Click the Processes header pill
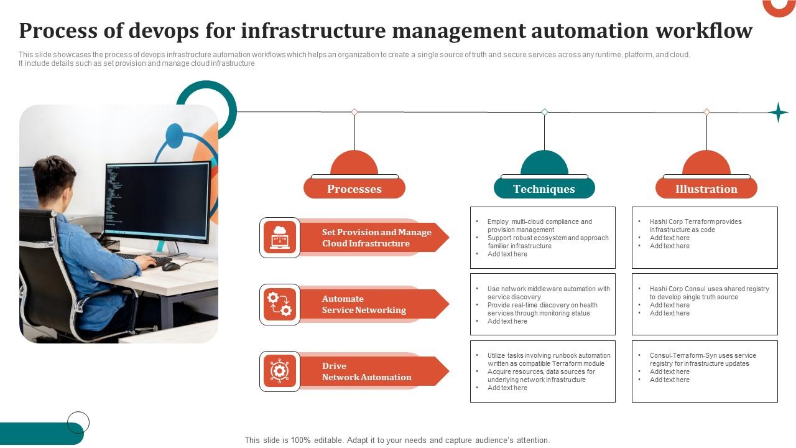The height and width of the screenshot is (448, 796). pyautogui.click(x=354, y=189)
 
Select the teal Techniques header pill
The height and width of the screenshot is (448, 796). pyautogui.click(x=544, y=189)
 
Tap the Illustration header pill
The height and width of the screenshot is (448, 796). pyautogui.click(x=706, y=189)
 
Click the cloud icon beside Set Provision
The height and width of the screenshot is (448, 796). pyautogui.click(x=280, y=237)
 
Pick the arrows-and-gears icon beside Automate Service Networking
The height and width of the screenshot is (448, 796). pyautogui.click(x=280, y=304)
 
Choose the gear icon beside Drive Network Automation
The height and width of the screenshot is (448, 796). pyautogui.click(x=280, y=371)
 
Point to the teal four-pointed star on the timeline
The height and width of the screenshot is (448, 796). pyautogui.click(x=777, y=113)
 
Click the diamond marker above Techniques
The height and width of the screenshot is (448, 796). pyautogui.click(x=545, y=112)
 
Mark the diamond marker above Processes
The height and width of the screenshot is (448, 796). pyautogui.click(x=354, y=112)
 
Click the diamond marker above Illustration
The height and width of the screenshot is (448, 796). pyautogui.click(x=706, y=112)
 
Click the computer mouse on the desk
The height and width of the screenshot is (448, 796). pyautogui.click(x=170, y=266)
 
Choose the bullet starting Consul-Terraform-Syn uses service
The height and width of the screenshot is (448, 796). pyautogui.click(x=703, y=355)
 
